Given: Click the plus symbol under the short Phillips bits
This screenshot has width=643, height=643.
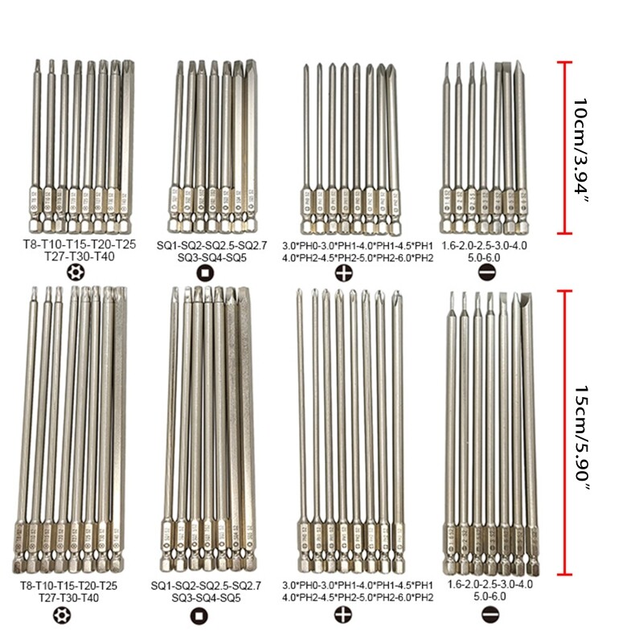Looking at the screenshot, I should click(344, 272).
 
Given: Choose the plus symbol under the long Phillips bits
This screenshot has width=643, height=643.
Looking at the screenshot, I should click(344, 616).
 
